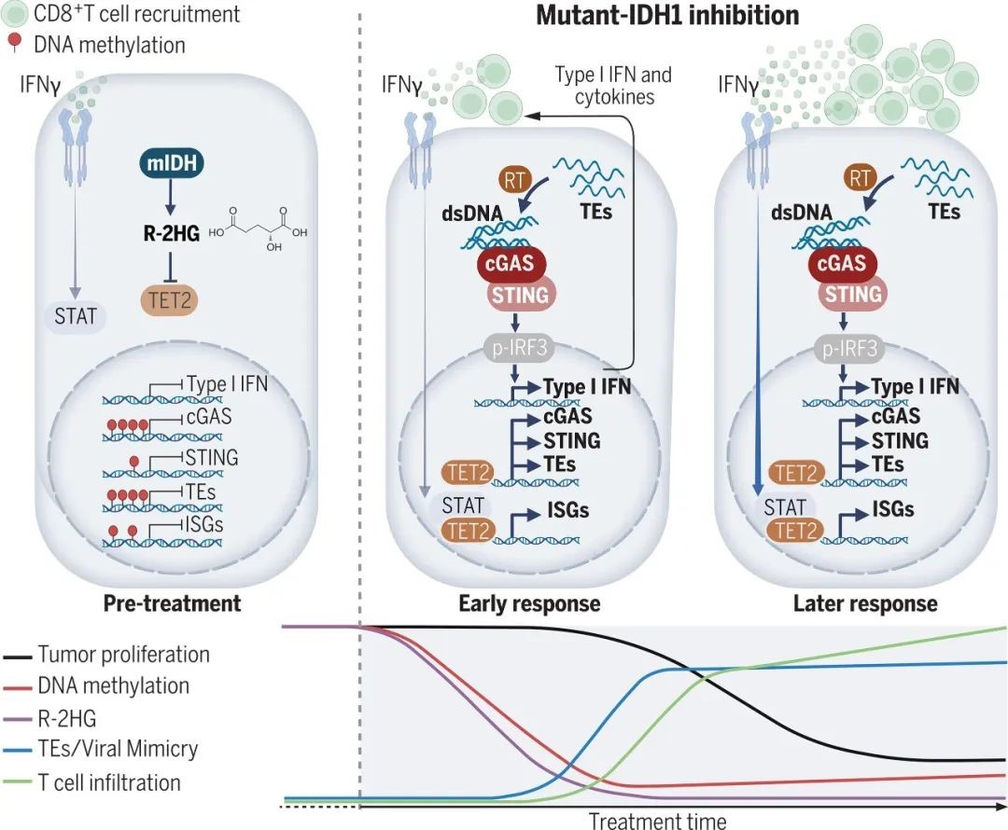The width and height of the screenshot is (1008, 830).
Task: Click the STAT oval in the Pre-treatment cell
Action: click(x=75, y=315)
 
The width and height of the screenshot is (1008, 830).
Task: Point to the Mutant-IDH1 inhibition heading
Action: click(x=667, y=16)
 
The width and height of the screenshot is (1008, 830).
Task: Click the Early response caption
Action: click(x=529, y=603)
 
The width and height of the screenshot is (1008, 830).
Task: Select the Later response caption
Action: click(x=865, y=603)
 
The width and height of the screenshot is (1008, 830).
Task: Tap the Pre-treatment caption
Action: click(x=173, y=603)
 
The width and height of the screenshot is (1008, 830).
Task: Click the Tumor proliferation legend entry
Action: click(x=123, y=654)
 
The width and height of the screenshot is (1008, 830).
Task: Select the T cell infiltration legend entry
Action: click(x=109, y=782)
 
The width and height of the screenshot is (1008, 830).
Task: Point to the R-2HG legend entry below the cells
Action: click(x=69, y=717)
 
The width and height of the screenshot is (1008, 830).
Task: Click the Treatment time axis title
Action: click(x=657, y=821)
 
